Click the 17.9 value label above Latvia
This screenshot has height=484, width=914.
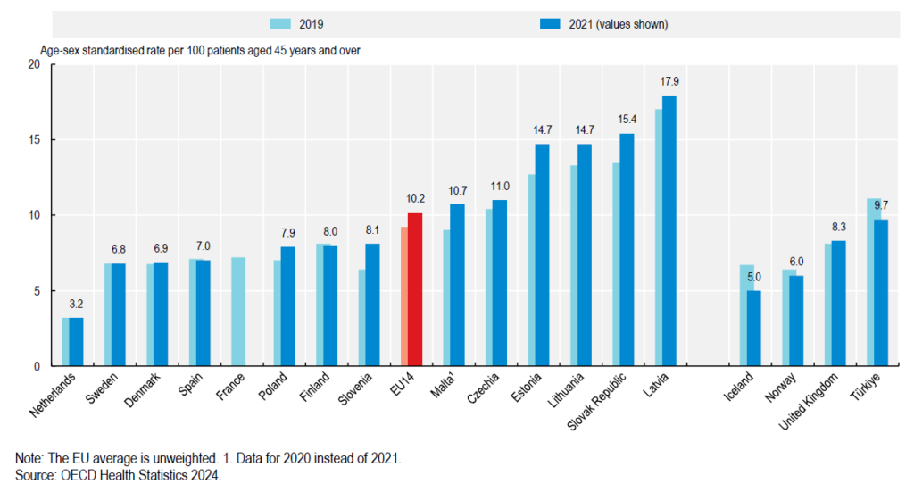coord(669,82)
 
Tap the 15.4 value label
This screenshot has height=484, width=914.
coord(627,120)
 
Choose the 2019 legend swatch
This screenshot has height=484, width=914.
coord(287,24)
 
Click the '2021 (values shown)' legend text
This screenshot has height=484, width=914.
coord(616,24)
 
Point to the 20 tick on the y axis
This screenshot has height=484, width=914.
coord(35,65)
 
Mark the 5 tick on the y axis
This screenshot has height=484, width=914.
coord(37,291)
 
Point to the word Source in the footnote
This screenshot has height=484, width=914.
coord(37,475)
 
